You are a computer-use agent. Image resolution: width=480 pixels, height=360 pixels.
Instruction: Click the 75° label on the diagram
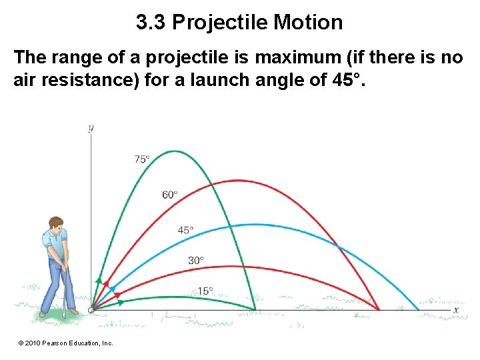pos(141,159)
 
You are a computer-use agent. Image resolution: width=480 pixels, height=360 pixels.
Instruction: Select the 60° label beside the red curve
pos(169,195)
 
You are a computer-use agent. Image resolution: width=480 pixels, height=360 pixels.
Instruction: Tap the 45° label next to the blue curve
pos(185,230)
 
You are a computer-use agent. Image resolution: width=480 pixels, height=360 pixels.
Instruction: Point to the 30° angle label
pos(195,260)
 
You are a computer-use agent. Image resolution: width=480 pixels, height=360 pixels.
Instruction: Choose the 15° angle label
pos(205,291)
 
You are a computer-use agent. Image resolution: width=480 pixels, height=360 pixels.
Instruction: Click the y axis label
pos(91,128)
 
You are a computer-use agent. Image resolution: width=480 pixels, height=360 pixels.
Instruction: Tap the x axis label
pos(456,310)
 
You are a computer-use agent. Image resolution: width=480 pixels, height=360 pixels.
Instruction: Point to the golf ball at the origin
pos(91,310)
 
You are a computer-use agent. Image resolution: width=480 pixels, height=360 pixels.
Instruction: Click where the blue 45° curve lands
pos(419,310)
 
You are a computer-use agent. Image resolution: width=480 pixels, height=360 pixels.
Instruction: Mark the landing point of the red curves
pos(379,310)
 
